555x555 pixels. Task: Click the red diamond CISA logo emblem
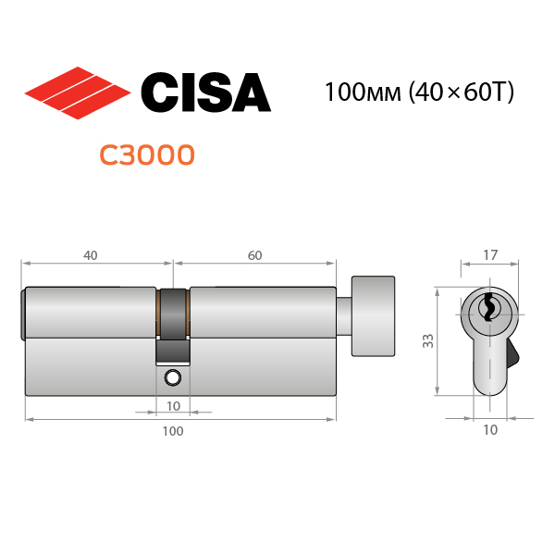coord(78,92)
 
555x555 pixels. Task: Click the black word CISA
coord(206,92)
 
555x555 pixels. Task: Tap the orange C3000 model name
coord(147,155)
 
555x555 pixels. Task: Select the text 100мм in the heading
coord(363,92)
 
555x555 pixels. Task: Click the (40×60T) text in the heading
coord(461,92)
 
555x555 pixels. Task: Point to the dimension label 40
coord(91,255)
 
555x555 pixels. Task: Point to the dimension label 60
coord(255,255)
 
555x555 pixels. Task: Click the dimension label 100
coord(173,431)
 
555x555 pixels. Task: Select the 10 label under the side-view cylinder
coord(174,406)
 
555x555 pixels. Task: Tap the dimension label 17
coord(490,255)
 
